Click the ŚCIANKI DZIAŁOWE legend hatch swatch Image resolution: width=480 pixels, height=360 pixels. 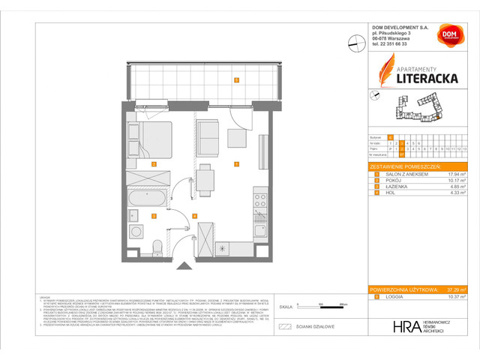284,326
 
